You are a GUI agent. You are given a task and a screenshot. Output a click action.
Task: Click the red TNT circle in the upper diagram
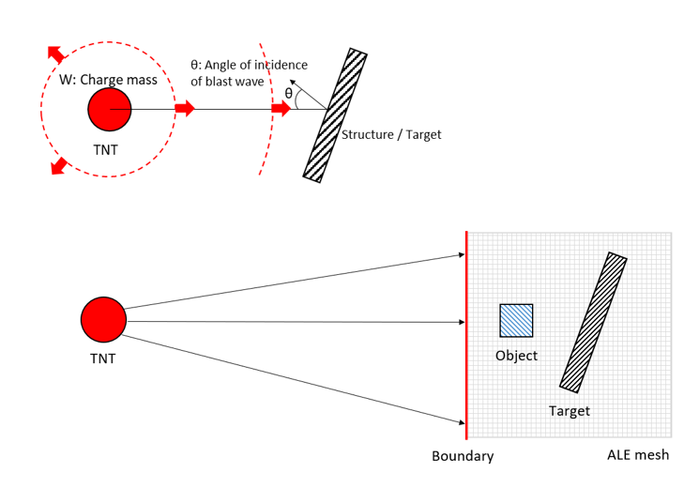(110, 110)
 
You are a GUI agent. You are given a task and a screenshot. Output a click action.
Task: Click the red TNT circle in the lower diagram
(103, 320)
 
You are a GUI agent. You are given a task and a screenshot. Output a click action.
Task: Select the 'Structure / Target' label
(391, 135)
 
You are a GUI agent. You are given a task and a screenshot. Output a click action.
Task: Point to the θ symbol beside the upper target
(288, 93)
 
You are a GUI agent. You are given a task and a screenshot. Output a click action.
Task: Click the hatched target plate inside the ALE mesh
(593, 321)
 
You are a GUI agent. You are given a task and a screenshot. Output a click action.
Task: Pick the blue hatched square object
(516, 320)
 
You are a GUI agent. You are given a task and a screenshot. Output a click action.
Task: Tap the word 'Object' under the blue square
(516, 356)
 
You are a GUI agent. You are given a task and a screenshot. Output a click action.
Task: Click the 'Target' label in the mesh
(570, 410)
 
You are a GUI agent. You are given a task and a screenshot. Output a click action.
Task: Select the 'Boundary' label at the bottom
(463, 457)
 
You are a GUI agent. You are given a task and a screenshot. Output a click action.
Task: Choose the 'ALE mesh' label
(638, 456)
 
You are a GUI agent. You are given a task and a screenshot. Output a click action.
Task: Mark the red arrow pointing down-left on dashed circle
(59, 167)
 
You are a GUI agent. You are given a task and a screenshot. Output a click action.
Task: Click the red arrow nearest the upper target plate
(281, 110)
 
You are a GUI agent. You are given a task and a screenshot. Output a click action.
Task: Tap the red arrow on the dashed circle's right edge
(184, 110)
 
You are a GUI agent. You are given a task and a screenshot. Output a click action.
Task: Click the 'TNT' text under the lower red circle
(103, 357)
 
